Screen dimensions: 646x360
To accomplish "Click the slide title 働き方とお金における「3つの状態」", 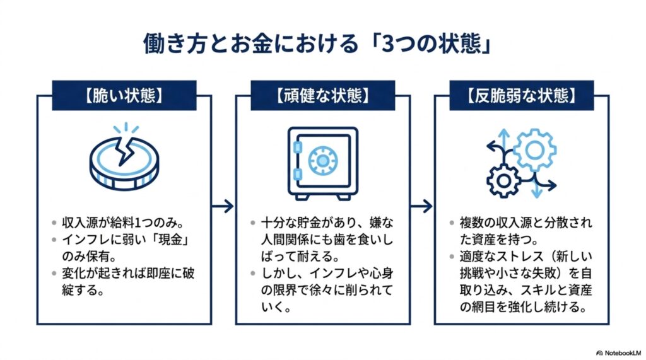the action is coord(317,44).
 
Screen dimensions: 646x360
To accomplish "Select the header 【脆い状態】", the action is coord(124,96).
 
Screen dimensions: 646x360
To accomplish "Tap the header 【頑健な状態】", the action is coord(322,96).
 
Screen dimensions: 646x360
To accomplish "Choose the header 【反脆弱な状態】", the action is coord(522,96).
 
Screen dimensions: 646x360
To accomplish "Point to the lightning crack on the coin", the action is coord(125,150).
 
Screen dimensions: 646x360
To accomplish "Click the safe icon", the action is coord(322,163).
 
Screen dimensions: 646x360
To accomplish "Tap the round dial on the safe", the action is coord(322,160).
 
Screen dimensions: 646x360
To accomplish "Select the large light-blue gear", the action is coord(534,150).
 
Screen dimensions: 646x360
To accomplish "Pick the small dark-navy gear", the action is coord(503,180).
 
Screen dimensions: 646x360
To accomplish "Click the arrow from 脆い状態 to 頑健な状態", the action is coord(223,206).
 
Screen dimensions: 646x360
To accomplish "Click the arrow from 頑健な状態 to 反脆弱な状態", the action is coord(421,206).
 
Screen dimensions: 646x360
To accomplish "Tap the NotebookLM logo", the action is coord(620,353).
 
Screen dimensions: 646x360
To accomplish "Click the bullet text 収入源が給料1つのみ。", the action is coord(123,223).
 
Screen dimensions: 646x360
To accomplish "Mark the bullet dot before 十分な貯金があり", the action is coord(253,223).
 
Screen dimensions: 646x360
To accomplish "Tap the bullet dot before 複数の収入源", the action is coord(452,223).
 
